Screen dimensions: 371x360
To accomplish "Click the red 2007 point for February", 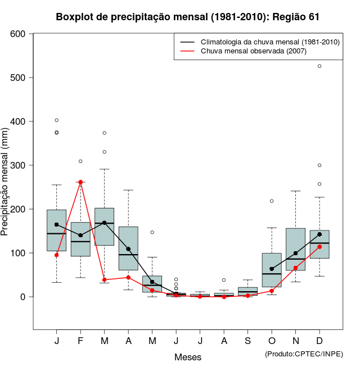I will (80, 182).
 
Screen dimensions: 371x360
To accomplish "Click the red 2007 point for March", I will (105, 280).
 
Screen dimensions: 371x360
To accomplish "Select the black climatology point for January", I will (56, 224).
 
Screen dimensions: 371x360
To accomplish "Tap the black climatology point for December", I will (319, 234).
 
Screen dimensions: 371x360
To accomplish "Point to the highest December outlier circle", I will (319, 66).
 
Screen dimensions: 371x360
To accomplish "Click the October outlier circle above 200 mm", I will (272, 201).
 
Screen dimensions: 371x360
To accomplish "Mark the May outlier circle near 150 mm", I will (152, 232).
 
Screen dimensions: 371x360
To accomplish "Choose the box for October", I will (272, 270).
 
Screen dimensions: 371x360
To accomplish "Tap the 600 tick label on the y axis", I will (18, 34).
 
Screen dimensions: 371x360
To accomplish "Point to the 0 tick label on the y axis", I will (23, 297).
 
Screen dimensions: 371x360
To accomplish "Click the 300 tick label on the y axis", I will (18, 165).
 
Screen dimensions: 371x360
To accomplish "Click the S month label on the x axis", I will (247, 341).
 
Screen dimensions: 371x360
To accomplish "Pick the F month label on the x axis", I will (80, 341).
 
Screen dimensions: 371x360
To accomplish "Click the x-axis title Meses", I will (188, 357).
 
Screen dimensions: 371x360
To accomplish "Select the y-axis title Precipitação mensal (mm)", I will (5, 188).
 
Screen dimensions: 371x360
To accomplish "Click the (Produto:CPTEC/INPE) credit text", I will (304, 354).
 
